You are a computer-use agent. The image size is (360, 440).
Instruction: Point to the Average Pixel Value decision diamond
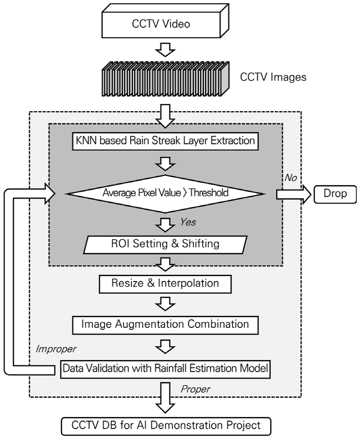click(x=166, y=193)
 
